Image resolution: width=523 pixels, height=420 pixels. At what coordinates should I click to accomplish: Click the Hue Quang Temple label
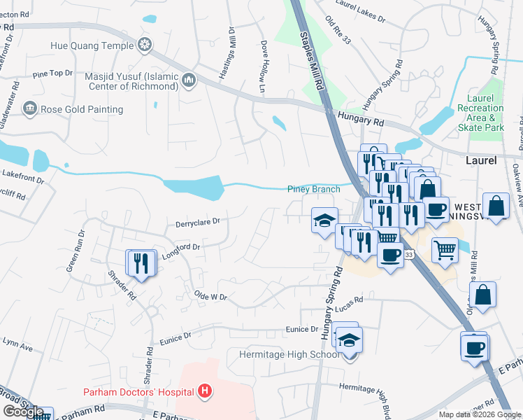pos(92,46)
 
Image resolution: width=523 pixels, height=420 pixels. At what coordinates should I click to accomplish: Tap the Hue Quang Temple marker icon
pos(145,46)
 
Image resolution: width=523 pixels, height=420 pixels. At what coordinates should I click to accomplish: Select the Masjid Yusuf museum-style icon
pos(189,81)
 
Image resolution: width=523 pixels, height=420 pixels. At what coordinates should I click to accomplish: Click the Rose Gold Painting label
pos(82,109)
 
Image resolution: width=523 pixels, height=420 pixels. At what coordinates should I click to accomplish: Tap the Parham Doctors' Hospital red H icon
pos(205,390)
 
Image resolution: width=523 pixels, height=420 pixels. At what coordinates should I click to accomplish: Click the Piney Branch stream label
pos(314,189)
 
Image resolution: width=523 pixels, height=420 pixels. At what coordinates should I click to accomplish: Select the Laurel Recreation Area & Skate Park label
pos(480,118)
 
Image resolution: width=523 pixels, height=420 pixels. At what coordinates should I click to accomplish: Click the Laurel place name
pos(481,160)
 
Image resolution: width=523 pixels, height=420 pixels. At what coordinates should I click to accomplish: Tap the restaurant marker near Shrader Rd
pos(141,263)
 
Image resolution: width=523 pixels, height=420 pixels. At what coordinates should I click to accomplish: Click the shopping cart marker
pos(445,249)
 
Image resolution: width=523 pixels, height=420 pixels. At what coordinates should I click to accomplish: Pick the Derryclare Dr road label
pos(198,221)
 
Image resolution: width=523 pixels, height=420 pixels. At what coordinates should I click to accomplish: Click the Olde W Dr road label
pos(211,296)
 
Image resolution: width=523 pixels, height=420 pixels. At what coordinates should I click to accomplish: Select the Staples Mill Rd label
pos(313,60)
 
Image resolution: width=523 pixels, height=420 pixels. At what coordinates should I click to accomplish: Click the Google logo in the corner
pos(22,412)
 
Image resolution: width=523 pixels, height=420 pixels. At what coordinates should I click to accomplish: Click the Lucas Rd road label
pos(349,300)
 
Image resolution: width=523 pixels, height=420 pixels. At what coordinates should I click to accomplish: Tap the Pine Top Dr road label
pos(52,73)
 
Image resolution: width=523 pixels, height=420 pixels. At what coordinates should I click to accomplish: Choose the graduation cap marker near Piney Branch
pos(324,220)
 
